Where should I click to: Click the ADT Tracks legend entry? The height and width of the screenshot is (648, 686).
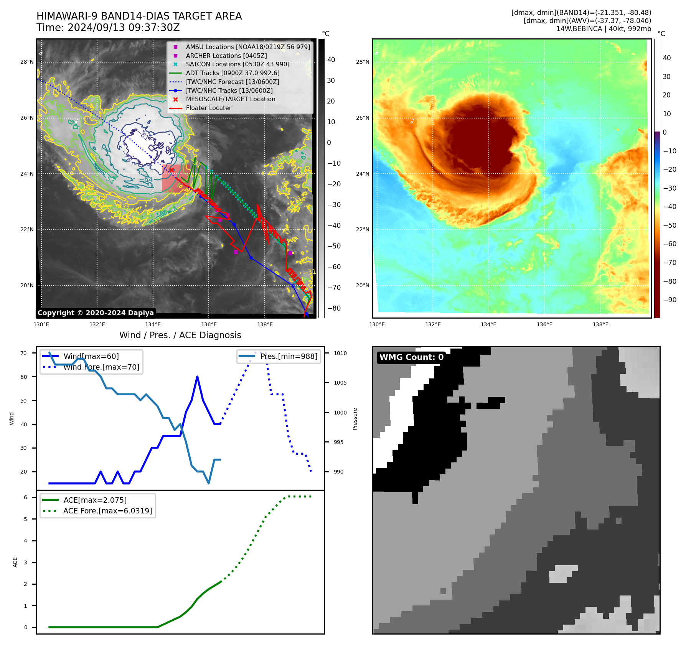pyautogui.click(x=233, y=73)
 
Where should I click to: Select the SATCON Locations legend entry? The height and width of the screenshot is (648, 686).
pyautogui.click(x=237, y=64)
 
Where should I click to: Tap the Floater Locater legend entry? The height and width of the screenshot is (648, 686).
pyautogui.click(x=208, y=108)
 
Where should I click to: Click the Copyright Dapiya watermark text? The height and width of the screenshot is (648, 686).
pyautogui.click(x=96, y=313)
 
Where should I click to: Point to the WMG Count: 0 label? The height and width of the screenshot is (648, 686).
pyautogui.click(x=411, y=357)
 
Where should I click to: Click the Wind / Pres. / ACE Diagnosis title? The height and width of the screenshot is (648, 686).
pyautogui.click(x=180, y=335)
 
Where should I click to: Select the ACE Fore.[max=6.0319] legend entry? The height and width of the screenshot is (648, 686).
pyautogui.click(x=107, y=511)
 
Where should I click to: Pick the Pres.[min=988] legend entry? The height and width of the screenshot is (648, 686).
pyautogui.click(x=289, y=356)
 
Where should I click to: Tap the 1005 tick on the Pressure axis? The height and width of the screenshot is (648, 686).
pyautogui.click(x=340, y=383)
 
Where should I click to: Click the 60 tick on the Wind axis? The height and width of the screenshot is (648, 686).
pyautogui.click(x=24, y=377)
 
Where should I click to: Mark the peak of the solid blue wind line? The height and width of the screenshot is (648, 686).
pyautogui.click(x=197, y=377)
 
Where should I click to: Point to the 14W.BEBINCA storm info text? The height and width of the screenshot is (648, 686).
pyautogui.click(x=604, y=29)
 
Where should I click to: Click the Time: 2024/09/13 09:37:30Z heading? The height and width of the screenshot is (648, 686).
pyautogui.click(x=108, y=28)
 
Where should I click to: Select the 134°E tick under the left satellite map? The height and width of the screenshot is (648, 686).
pyautogui.click(x=153, y=324)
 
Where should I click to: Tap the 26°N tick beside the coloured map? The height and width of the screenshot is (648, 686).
pyautogui.click(x=363, y=118)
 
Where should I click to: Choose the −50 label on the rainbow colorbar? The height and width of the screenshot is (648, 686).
pyautogui.click(x=670, y=225)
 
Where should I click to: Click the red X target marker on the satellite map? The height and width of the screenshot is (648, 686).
pyautogui.click(x=171, y=170)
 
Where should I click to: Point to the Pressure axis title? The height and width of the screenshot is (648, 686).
pyautogui.click(x=355, y=419)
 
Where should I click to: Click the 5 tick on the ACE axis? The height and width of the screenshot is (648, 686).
pyautogui.click(x=26, y=519)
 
